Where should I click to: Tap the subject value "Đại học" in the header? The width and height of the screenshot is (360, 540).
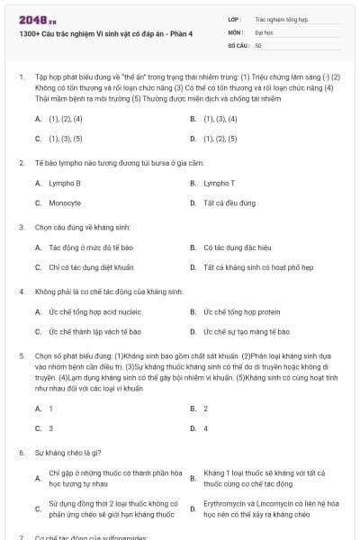264,31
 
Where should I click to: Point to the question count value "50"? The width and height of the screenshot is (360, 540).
258,44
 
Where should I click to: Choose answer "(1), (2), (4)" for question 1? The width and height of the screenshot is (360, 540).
66,118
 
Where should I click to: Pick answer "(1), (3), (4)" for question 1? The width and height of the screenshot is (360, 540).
220,118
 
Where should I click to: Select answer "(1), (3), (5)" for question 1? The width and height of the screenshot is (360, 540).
66,139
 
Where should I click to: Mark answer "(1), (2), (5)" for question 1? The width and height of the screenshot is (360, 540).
220,139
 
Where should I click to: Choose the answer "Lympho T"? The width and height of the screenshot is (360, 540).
219,183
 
